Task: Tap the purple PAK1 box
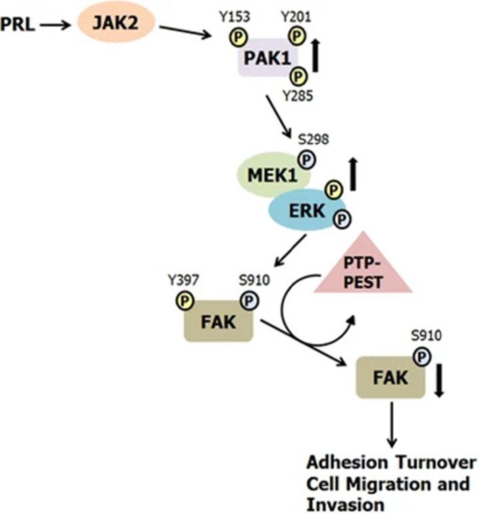coord(268,63)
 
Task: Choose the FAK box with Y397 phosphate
coord(217,322)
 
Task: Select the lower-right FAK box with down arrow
coord(390,377)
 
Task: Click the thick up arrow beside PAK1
coord(316,65)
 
